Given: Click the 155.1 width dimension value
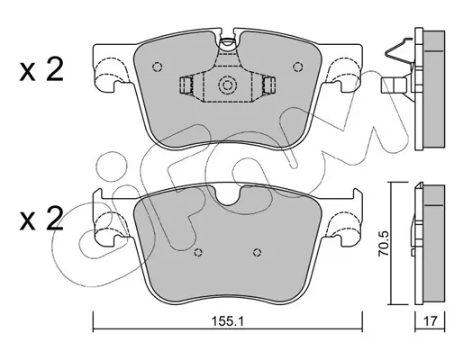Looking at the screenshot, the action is point(227,321).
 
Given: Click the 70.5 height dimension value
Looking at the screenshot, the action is point(384,243).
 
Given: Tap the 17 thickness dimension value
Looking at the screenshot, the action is point(430,321).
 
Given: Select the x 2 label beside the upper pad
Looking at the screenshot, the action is point(41,69).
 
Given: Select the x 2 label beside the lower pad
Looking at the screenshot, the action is point(41,219).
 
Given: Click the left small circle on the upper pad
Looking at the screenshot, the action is point(158,67).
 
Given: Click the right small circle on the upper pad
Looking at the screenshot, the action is point(297,67).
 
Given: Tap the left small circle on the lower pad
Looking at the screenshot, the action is point(198,253).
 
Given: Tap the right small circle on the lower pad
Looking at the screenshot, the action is point(257,253).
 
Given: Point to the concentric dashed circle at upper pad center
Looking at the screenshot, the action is point(226,85).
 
